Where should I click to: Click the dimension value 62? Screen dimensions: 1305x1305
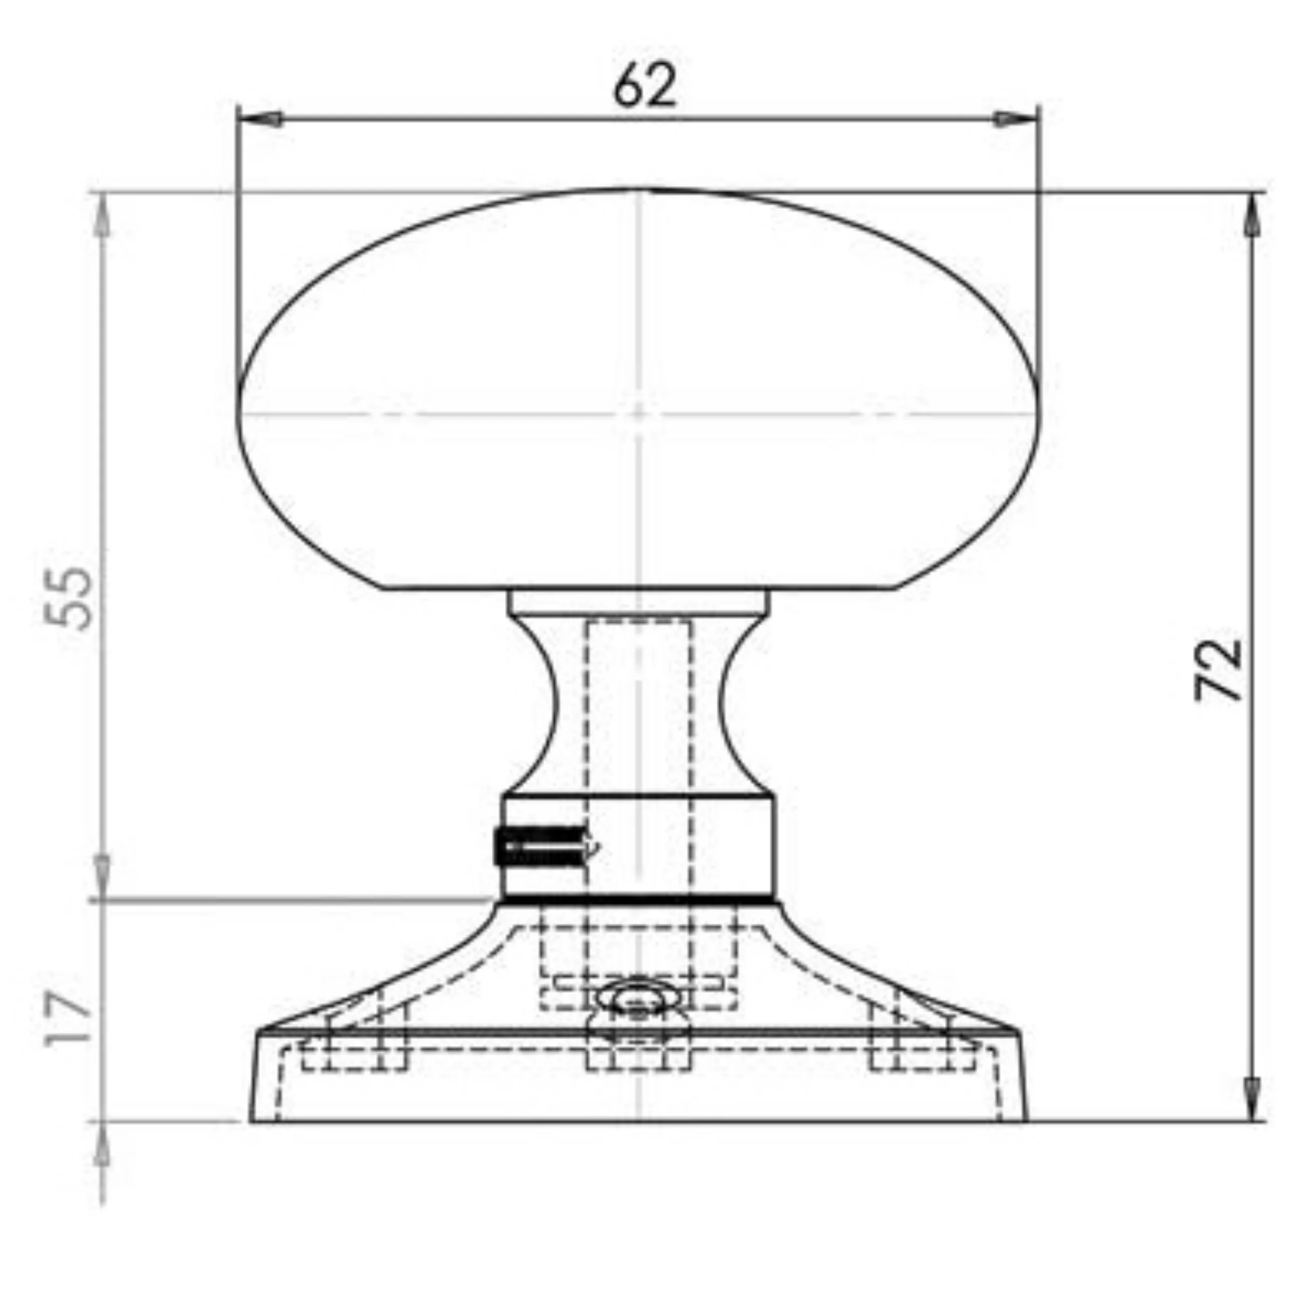click(644, 85)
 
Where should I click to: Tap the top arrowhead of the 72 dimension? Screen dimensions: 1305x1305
click(1253, 215)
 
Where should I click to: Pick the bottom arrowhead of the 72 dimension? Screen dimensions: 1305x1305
click(1253, 1099)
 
